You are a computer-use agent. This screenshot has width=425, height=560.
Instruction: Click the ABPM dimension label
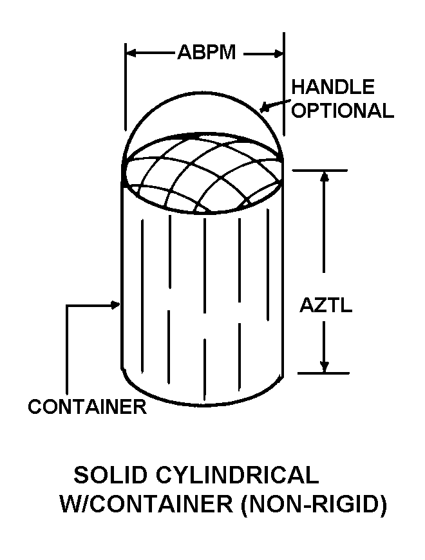coord(206,53)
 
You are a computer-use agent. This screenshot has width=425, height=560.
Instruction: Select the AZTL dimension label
coord(326,306)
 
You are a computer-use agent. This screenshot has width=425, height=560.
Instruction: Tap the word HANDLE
coord(333,87)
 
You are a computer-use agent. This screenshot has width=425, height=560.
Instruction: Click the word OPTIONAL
coord(343,111)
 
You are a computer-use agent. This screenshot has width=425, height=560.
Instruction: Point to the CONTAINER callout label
coord(87,407)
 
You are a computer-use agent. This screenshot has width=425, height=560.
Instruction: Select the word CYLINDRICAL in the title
coord(240,476)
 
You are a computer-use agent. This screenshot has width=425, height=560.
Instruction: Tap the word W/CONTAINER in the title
coord(146,504)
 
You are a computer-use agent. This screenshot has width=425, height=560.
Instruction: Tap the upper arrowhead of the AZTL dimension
coord(325,176)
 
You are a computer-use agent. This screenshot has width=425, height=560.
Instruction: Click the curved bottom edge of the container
coord(203,405)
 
